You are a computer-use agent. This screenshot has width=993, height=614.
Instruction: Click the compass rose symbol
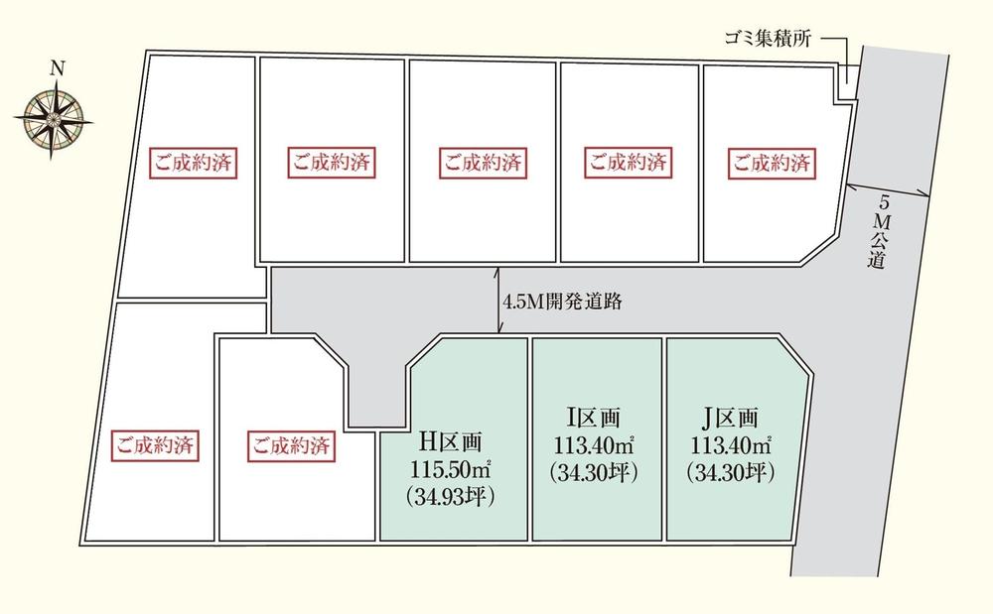coord(53,120)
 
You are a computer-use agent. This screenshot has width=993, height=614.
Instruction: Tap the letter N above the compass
coord(58,68)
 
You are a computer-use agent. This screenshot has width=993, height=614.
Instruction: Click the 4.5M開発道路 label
coord(563,302)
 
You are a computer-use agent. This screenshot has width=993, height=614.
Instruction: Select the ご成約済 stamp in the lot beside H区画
coord(290,444)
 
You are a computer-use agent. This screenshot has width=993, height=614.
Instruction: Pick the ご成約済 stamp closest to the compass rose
coord(193,163)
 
